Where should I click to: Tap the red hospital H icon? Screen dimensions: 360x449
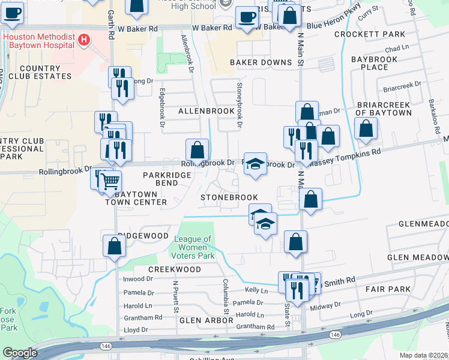84,40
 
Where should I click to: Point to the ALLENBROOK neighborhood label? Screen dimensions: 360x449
206,112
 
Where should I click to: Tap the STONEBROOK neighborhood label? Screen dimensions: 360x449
229,197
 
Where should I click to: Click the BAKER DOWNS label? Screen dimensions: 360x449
260,62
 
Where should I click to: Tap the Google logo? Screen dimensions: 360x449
20,352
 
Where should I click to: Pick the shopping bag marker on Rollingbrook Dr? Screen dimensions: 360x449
197,151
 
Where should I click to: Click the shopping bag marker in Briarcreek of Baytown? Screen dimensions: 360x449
366,128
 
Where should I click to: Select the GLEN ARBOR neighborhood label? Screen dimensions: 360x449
205,321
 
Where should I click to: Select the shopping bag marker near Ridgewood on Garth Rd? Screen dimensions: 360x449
114,246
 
